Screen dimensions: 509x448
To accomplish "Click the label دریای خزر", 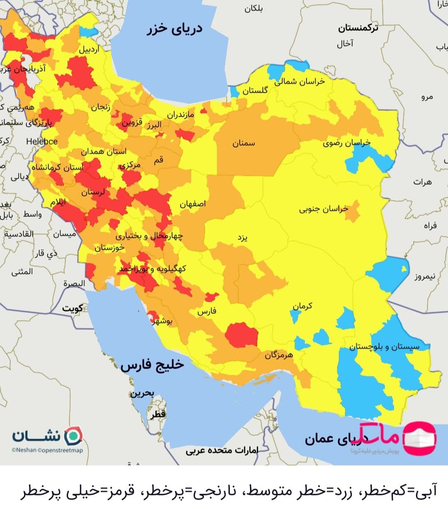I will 175,29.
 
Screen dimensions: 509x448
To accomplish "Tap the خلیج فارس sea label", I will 152,365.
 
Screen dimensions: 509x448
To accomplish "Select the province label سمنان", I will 243,143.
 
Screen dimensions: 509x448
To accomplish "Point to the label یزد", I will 243,238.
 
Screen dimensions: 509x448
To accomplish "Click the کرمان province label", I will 302,306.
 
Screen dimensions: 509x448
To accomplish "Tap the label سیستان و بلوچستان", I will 384,347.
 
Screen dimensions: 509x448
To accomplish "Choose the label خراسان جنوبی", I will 324,209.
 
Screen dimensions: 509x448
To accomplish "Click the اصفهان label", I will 192,204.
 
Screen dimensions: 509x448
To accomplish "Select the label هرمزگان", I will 279,355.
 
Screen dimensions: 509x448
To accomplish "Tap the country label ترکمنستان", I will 358,28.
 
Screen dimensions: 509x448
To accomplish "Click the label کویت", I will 73,308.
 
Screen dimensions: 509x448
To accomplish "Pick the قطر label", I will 158,414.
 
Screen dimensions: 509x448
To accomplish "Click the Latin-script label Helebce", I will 42,141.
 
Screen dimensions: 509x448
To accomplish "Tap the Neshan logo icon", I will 75,436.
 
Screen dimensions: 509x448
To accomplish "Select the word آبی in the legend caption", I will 428,492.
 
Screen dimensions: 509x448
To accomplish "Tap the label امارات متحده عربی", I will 222,450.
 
